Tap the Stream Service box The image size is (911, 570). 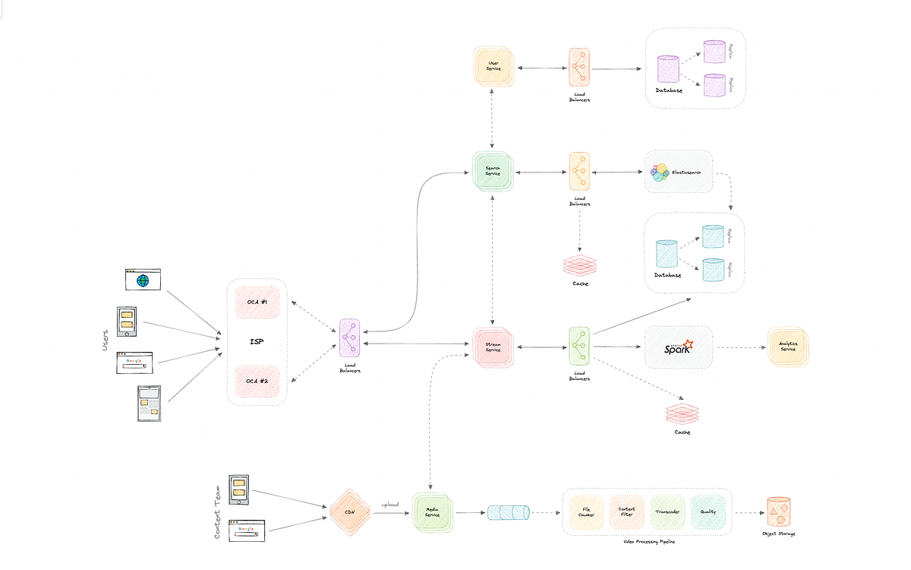coord(493,348)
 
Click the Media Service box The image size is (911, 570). coord(432,514)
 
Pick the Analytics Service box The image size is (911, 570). coord(788,348)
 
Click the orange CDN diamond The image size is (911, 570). coord(350,512)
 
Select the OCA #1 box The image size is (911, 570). coord(257,302)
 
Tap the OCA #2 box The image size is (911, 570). coord(257,380)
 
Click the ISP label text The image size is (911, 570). coord(257,341)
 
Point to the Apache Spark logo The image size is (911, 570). coord(679,348)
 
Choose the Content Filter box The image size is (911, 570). coord(626,512)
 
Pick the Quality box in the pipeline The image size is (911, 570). coord(708,512)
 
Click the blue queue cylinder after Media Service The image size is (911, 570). coord(508,512)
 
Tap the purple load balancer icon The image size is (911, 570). coord(349,338)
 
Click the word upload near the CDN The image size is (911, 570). coord(391,504)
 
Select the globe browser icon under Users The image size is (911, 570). coord(143,280)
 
